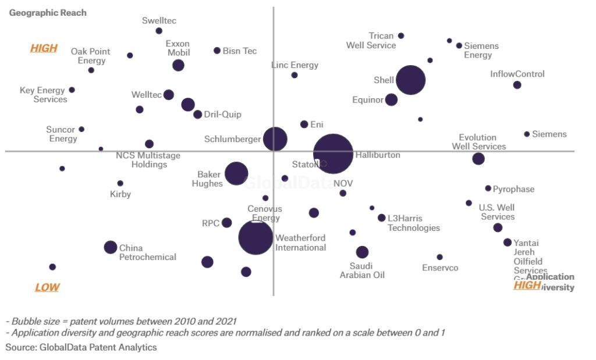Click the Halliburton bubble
point(333,154)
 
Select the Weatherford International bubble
point(256,237)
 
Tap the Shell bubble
point(410,80)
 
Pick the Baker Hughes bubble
point(236,173)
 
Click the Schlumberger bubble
point(275,139)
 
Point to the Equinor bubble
point(391,99)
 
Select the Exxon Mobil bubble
point(179,65)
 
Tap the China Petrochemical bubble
point(111,247)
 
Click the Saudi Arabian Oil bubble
point(362,252)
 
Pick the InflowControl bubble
point(517,85)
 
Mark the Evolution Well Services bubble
point(478,159)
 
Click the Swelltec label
point(159,21)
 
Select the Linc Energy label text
point(295,65)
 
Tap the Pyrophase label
point(513,189)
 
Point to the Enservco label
point(440,268)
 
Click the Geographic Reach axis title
point(48,13)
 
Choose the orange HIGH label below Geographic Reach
point(44,48)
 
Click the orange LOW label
point(47,287)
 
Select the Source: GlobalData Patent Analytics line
point(81,347)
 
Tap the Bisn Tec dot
point(217,51)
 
